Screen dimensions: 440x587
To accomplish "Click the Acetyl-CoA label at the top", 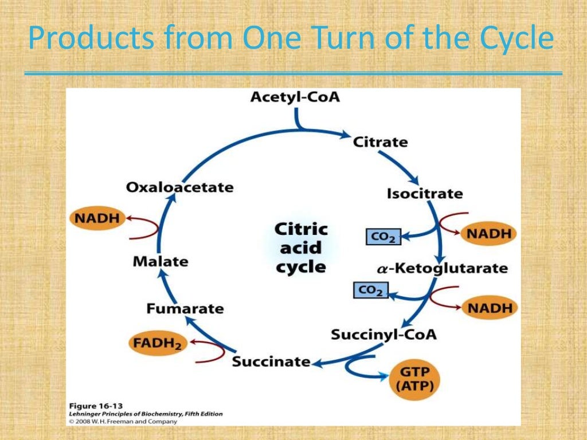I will (x=295, y=97).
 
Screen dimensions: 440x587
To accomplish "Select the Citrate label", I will (x=380, y=142).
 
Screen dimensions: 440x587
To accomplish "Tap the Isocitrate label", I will (x=424, y=194).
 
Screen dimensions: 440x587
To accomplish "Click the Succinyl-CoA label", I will (x=383, y=334).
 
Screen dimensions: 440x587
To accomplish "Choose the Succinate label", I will (x=271, y=362).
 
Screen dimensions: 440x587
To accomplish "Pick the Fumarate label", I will (x=185, y=309).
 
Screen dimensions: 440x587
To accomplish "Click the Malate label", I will (x=160, y=262).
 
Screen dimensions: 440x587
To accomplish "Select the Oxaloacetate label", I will (x=180, y=187).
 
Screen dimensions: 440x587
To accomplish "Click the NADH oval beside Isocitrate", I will (x=489, y=234).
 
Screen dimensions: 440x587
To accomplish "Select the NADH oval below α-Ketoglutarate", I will (x=489, y=308).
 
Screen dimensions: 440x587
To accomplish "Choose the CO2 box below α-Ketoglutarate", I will (x=370, y=290).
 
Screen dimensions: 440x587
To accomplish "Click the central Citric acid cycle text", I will (x=301, y=248).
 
